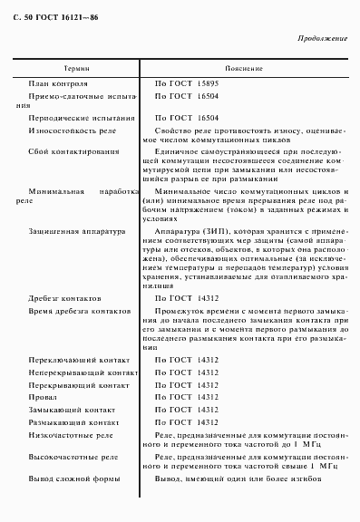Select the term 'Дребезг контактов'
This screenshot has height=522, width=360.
point(64,297)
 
